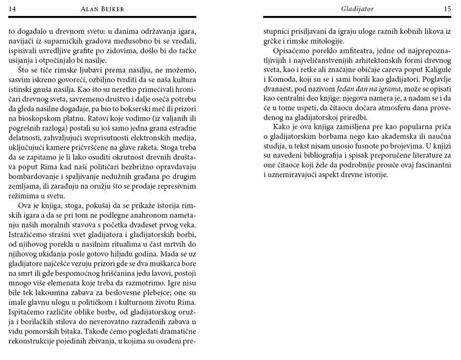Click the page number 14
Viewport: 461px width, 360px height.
coord(13,8)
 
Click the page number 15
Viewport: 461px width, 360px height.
coord(447,8)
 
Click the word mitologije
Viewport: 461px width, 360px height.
coord(324,41)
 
